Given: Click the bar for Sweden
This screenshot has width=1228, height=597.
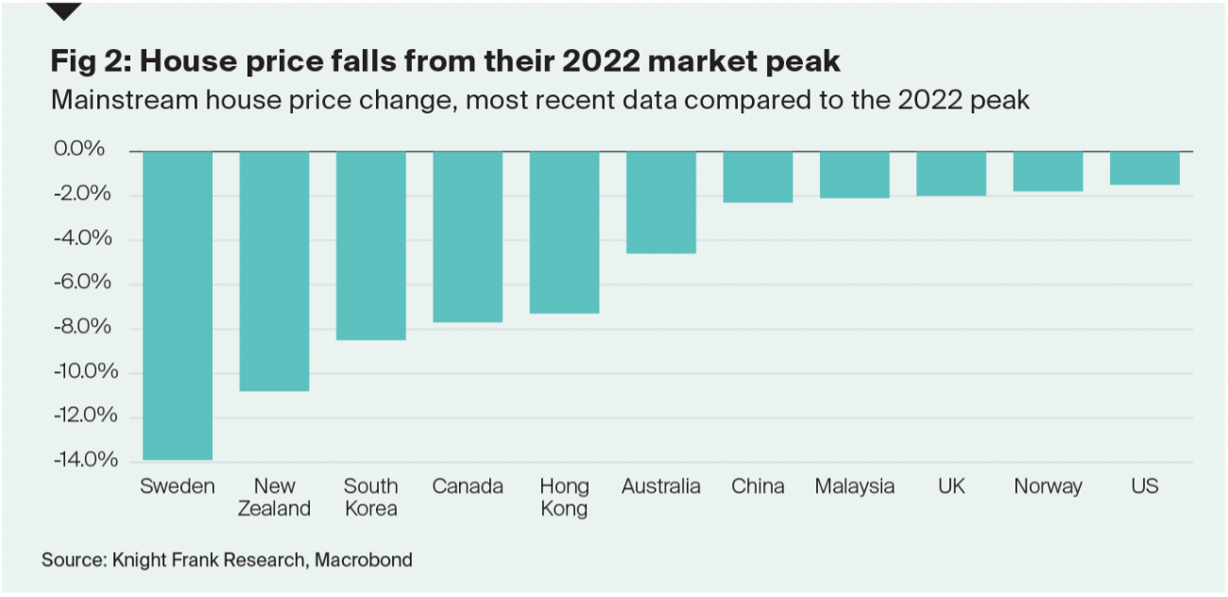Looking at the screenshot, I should [178, 305].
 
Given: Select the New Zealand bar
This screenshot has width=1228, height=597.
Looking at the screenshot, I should [274, 270].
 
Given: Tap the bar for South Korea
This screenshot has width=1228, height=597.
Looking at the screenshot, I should [371, 245].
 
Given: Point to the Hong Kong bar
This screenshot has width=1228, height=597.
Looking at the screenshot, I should [564, 231].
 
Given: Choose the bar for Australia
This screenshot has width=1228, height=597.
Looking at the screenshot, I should [661, 202].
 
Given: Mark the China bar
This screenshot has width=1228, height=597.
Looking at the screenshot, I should [758, 177].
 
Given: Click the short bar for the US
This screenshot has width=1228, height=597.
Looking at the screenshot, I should [1144, 167].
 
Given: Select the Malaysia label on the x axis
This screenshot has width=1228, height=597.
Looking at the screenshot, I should [854, 486].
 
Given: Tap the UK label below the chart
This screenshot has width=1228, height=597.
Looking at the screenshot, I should [951, 486].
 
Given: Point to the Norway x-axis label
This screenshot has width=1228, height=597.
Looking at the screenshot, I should [1048, 486].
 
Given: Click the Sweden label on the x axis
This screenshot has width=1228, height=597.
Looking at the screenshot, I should [178, 486].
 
